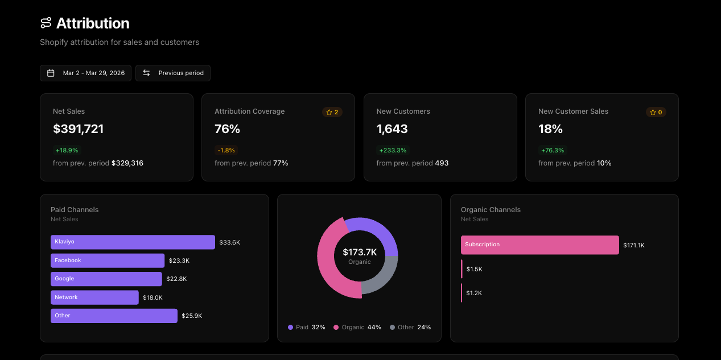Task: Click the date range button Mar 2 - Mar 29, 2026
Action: coord(85,73)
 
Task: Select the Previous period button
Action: coord(173,73)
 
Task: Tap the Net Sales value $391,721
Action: coord(79,129)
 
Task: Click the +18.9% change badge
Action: coord(67,151)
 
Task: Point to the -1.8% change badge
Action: coord(226,151)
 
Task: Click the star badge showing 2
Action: coord(332,112)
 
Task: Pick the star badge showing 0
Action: coord(656,112)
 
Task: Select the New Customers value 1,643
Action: coord(392,129)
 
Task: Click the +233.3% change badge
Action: coord(393,151)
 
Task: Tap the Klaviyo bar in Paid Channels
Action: coord(133,242)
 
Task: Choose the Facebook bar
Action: coord(108,260)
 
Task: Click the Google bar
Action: coord(106,279)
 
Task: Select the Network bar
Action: coord(94,297)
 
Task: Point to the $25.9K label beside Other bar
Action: coord(192,316)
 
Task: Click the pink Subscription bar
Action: coord(539,245)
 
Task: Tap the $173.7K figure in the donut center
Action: coord(360,252)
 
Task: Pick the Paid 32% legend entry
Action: coord(307,328)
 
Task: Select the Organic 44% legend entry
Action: coord(357,328)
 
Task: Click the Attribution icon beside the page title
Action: coord(46,23)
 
